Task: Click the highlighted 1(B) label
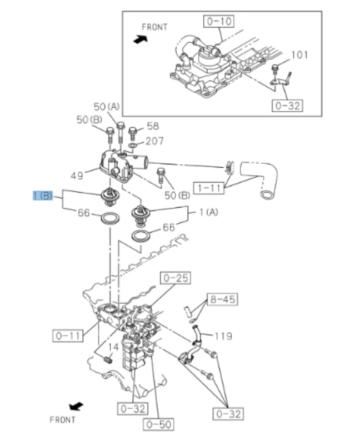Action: pyautogui.click(x=43, y=195)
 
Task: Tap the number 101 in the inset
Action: pyautogui.click(x=299, y=55)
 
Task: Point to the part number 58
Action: pyautogui.click(x=153, y=127)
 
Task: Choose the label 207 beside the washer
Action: pyautogui.click(x=154, y=141)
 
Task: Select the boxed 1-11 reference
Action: pyautogui.click(x=208, y=188)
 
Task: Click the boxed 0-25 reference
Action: pyautogui.click(x=175, y=278)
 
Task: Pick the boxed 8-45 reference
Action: pyautogui.click(x=222, y=300)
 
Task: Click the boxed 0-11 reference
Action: pyautogui.click(x=68, y=335)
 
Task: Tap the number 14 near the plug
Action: pyautogui.click(x=113, y=348)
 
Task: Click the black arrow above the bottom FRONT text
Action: pyautogui.click(x=76, y=406)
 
